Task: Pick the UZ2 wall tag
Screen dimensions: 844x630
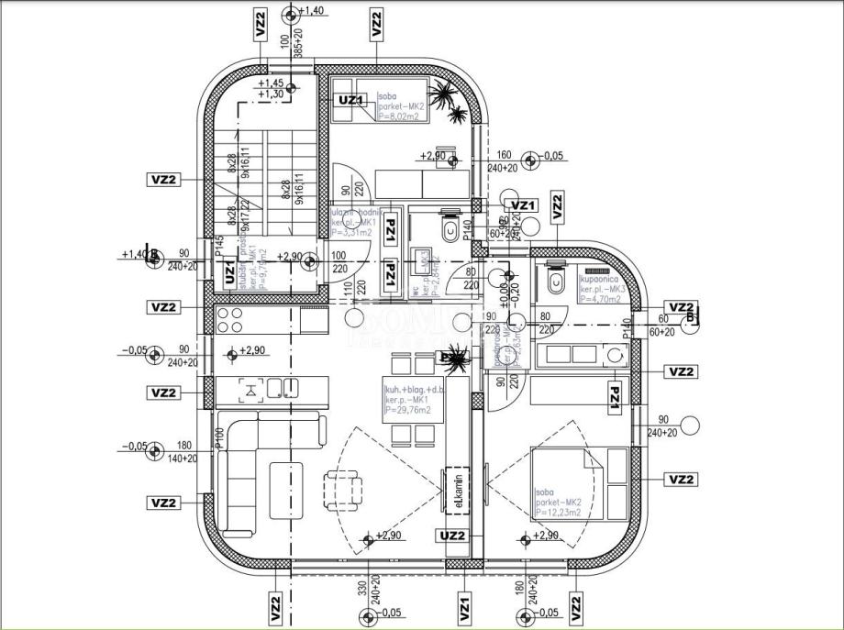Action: (x=453, y=536)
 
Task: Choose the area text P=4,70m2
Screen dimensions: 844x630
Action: (x=600, y=299)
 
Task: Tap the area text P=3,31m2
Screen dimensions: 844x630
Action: (x=350, y=233)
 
